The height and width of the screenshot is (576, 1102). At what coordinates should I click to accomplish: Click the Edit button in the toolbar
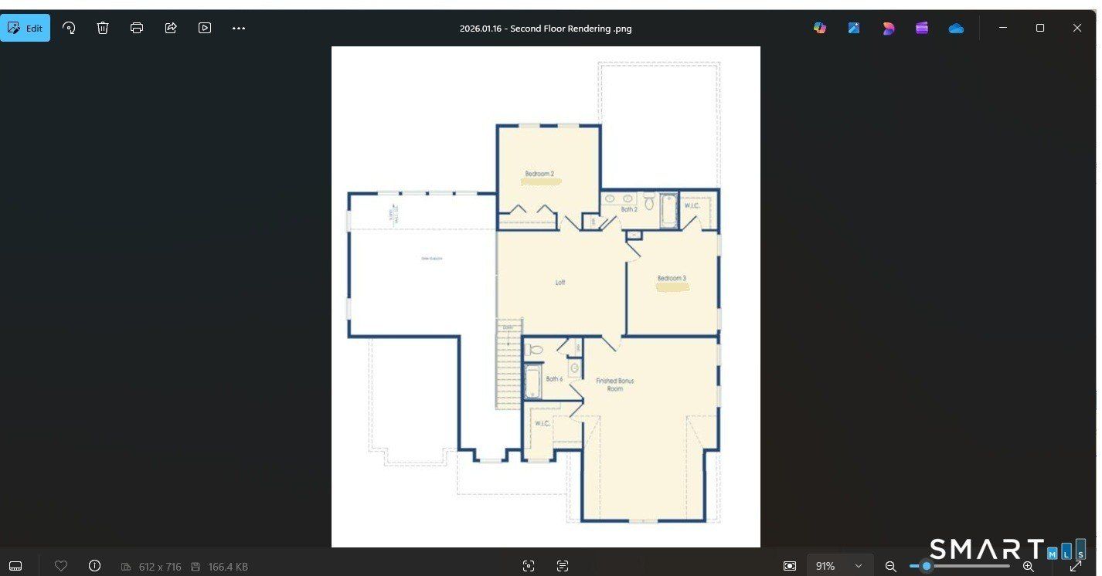coord(26,29)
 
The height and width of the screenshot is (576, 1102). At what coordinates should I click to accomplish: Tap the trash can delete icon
coord(103,29)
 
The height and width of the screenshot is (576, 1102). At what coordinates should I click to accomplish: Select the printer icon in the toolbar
coord(137,29)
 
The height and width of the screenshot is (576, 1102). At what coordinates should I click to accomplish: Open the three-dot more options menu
coord(239,29)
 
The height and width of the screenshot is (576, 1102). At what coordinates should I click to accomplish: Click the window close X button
coord(1076,29)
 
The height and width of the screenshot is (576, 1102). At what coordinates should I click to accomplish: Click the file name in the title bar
coord(546,29)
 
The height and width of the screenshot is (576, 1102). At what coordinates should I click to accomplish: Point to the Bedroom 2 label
coord(539,174)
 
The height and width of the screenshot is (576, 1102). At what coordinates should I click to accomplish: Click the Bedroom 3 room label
coord(672,278)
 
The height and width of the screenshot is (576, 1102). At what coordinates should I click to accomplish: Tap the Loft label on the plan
coord(560,283)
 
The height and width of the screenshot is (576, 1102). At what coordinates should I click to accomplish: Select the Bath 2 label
coord(630,209)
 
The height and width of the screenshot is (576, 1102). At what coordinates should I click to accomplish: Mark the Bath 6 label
coord(554,379)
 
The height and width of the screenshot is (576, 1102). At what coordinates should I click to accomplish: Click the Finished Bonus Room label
coord(614,385)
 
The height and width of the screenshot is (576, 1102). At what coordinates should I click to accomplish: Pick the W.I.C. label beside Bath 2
coord(692,205)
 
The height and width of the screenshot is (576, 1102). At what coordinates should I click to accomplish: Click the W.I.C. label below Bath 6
coord(542,423)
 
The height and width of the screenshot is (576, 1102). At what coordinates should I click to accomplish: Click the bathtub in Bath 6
coord(532,381)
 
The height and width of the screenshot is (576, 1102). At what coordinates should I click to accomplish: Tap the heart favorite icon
coord(61,566)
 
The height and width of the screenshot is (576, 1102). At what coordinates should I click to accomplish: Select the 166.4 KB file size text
coord(228,567)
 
